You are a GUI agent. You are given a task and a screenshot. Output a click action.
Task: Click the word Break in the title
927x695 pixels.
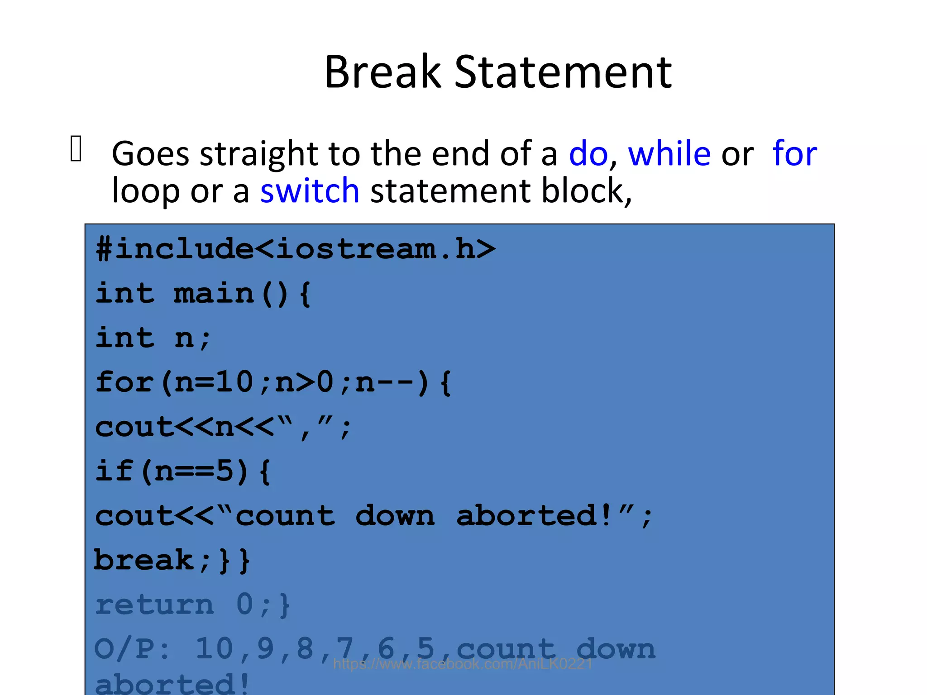click(382, 72)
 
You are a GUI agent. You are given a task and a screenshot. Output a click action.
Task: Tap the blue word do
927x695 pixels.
click(588, 154)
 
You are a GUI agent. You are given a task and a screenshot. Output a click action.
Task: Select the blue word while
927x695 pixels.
click(669, 154)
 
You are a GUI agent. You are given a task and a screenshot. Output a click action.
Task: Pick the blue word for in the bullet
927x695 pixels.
click(794, 154)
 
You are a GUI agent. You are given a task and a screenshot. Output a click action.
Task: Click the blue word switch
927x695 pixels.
click(310, 191)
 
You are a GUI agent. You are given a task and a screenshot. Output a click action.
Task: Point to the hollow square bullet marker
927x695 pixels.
click(76, 148)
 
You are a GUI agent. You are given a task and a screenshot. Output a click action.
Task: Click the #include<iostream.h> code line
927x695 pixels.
click(295, 249)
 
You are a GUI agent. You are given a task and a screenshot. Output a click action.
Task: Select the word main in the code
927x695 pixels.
click(214, 293)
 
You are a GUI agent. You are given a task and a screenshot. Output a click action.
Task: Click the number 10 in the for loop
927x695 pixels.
click(234, 382)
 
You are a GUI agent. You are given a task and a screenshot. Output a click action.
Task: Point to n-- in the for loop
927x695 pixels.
click(385, 382)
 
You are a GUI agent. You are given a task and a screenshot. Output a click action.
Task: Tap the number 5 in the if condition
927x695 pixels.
click(225, 471)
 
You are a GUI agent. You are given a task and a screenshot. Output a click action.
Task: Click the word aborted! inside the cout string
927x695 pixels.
click(534, 516)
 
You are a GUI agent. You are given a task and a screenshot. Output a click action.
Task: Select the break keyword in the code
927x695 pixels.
click(144, 560)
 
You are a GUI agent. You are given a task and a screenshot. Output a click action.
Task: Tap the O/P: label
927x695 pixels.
click(132, 649)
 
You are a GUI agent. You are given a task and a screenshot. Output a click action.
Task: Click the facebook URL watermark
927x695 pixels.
click(463, 664)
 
